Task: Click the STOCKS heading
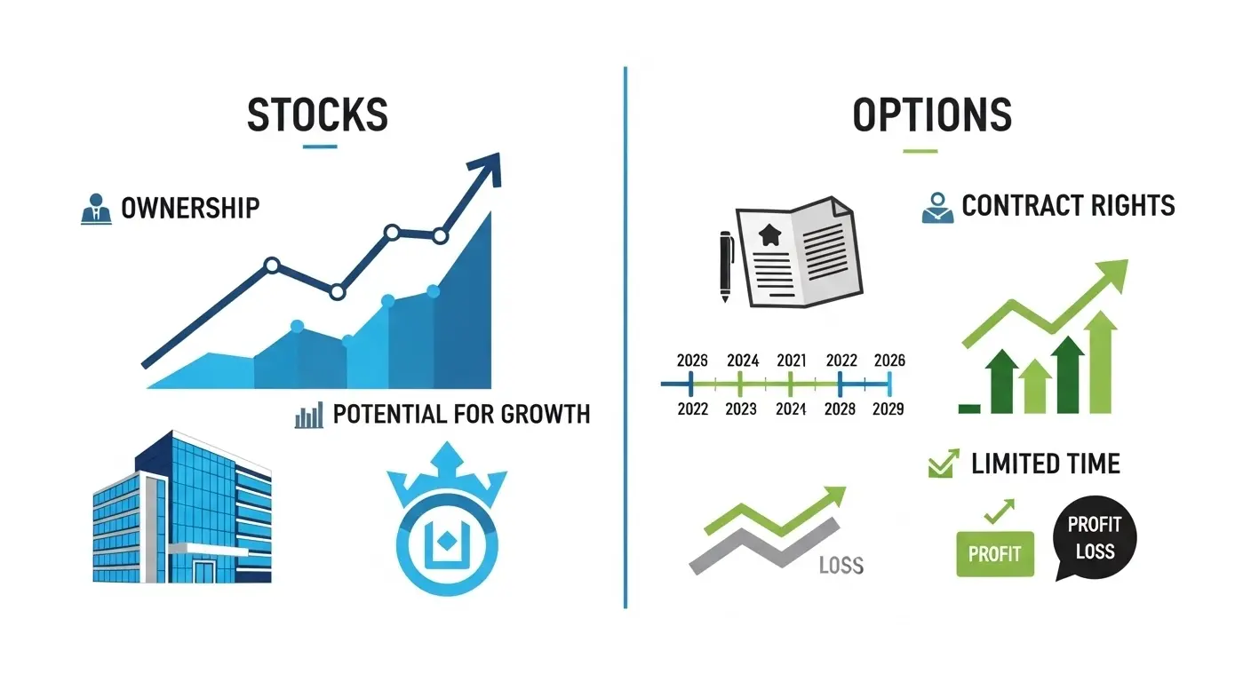pos(317,115)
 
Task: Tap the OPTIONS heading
pos(932,115)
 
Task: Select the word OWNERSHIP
pos(190,208)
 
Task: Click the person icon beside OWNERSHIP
pos(96,208)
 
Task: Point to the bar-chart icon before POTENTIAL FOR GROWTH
pos(308,415)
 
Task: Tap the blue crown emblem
pos(446,529)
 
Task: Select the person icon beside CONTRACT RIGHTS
pos(937,208)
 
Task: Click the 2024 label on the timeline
pos(743,361)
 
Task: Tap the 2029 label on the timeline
pos(888,408)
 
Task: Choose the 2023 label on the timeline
pos(741,408)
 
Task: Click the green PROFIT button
pos(995,554)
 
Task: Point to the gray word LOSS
pos(840,565)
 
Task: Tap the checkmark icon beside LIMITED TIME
pos(942,464)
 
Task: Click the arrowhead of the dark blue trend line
pos(486,167)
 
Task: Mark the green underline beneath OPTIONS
pos(920,150)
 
